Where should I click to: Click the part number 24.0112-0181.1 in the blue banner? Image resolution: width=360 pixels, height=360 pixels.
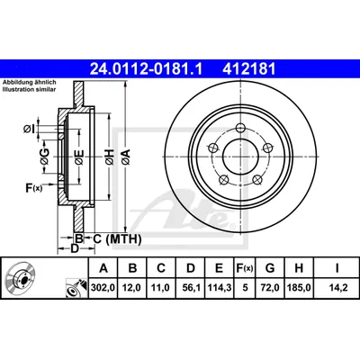pyautogui.click(x=147, y=69)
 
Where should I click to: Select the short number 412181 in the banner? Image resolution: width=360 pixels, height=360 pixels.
pyautogui.click(x=248, y=69)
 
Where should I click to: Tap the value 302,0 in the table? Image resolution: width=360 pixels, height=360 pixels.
pyautogui.click(x=103, y=288)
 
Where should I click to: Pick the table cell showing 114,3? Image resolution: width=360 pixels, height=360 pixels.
pyautogui.click(x=219, y=288)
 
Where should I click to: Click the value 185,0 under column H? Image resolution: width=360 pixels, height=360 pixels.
pyautogui.click(x=299, y=288)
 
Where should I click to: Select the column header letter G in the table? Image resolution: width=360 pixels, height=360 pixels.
pyautogui.click(x=270, y=268)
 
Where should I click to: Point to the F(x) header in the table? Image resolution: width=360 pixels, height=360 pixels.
pyautogui.click(x=245, y=268)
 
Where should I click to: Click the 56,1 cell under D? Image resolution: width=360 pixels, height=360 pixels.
pyautogui.click(x=191, y=288)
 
